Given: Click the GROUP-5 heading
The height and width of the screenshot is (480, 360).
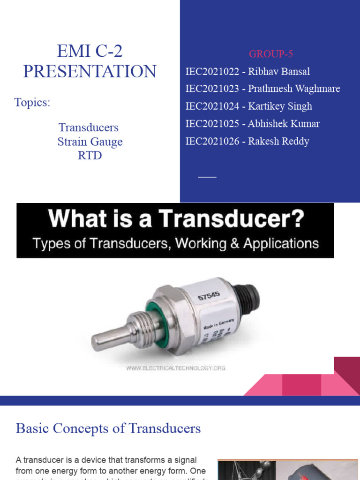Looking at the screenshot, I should [x=270, y=54].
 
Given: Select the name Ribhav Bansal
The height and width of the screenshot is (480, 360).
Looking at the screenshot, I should [x=278, y=72].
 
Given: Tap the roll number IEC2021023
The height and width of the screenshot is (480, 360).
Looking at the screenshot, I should [x=211, y=89].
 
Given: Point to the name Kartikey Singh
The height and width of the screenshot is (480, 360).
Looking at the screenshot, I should [x=280, y=106].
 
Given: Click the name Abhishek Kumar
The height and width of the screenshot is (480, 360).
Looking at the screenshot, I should [x=284, y=124].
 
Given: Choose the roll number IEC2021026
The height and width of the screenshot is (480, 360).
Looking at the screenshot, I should [x=211, y=141].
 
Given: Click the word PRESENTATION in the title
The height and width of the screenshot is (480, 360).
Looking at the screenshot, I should [x=90, y=71].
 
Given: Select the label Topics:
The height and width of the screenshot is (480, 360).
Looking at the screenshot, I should [x=32, y=103].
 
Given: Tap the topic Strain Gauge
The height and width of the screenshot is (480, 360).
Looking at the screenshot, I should [x=90, y=142].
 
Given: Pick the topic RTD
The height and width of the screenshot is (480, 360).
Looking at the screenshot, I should [x=90, y=155].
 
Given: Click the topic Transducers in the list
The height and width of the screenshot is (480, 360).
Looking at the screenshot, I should [x=89, y=127].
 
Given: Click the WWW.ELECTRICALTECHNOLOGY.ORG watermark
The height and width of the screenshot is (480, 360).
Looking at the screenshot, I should [x=176, y=368].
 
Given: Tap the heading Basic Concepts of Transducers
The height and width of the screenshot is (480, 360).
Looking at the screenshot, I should [x=108, y=428].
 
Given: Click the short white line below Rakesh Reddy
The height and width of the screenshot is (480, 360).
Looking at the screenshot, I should [x=207, y=177].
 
